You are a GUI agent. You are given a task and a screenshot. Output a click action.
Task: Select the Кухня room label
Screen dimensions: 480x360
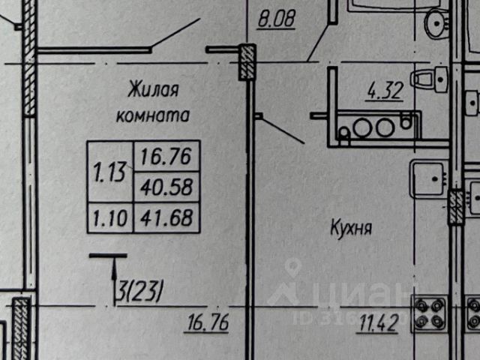tap(352, 227)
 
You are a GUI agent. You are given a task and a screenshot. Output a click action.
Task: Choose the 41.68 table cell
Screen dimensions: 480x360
tap(165, 217)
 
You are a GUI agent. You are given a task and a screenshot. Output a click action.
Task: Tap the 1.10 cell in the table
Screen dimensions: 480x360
tap(109, 217)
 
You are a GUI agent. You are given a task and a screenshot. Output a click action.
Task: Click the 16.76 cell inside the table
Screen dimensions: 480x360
tap(165, 157)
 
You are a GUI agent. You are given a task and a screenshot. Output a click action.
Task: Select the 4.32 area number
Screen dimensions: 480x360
tap(385, 92)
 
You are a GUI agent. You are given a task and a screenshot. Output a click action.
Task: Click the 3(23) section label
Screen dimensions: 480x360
tap(139, 289)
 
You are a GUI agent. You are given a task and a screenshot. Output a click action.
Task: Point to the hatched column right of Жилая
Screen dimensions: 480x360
tap(247, 63)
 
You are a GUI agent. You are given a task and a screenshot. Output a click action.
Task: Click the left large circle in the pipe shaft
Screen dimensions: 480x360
tap(362, 127)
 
